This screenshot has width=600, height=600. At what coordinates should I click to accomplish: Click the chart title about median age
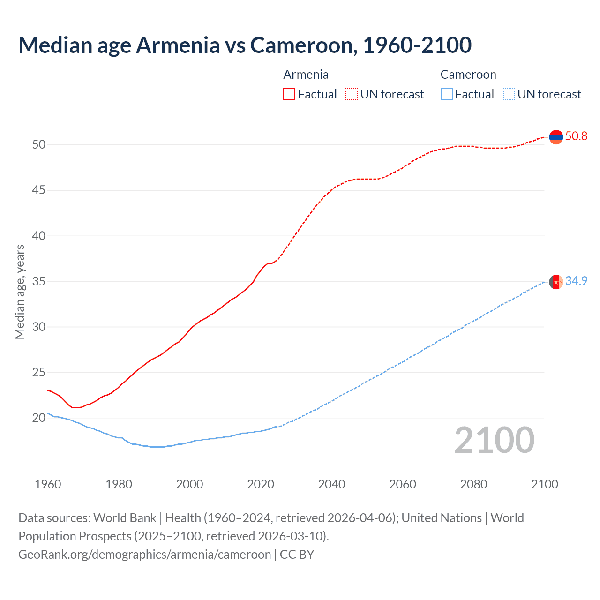(x=245, y=45)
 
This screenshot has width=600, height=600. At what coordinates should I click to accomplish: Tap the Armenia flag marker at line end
(x=556, y=137)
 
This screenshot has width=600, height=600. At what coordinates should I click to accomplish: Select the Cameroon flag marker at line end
(x=556, y=282)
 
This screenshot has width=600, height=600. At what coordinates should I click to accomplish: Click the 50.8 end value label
(x=576, y=136)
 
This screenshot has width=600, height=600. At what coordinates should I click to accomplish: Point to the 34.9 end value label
(x=576, y=281)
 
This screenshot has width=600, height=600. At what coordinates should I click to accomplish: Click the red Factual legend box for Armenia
(x=289, y=94)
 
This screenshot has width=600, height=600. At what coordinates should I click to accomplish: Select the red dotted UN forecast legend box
(x=352, y=94)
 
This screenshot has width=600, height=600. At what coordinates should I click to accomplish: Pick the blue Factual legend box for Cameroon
(x=447, y=94)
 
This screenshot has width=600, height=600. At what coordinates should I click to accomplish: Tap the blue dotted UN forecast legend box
(x=509, y=94)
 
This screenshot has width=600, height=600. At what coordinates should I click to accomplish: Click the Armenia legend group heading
(x=306, y=75)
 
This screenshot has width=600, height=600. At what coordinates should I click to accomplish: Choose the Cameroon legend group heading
(x=468, y=75)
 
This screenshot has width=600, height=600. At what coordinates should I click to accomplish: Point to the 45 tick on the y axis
(x=39, y=190)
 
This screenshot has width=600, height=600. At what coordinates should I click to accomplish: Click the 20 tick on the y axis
(x=39, y=418)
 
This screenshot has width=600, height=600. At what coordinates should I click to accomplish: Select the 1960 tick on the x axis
(x=48, y=484)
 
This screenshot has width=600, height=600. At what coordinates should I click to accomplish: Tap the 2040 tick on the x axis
(x=331, y=484)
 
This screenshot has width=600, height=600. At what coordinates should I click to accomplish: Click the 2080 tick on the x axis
(x=473, y=484)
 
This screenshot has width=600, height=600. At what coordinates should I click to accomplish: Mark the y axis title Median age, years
(x=20, y=292)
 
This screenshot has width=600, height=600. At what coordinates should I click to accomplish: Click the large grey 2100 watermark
(x=494, y=440)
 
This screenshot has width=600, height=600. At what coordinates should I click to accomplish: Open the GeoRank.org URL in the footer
(x=144, y=555)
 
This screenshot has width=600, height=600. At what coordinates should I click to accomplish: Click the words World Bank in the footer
(x=125, y=518)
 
